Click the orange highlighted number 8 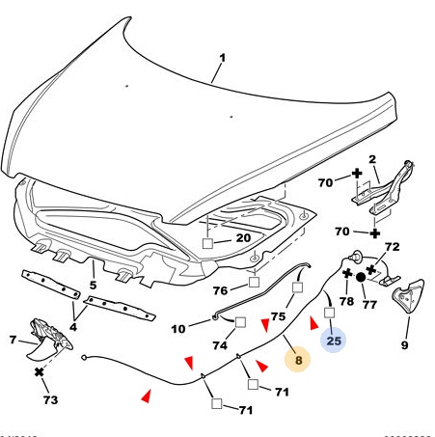298,360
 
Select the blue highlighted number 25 334,341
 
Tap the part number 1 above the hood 222,58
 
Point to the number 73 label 50,400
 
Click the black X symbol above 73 39,372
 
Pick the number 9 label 404,345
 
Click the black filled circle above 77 361,277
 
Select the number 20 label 243,238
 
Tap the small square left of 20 207,243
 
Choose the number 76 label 220,290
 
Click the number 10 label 178,329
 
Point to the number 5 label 93,285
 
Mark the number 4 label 73,327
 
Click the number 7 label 13,340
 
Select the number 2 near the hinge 372,159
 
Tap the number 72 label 393,247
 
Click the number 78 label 346,301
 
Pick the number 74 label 220,345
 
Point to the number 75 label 278,316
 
